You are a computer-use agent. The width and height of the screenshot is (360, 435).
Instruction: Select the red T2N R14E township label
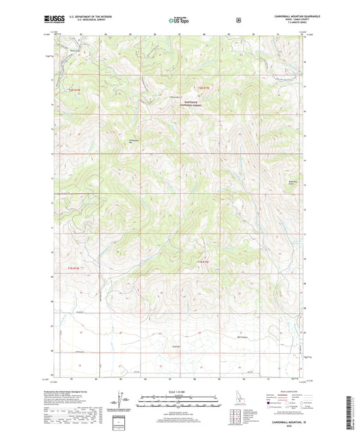74,88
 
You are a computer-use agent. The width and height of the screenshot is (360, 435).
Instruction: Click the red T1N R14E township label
74,268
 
